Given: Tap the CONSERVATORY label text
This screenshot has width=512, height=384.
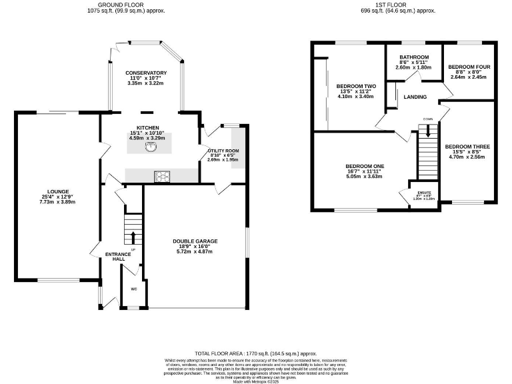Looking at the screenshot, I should pyautogui.click(x=146, y=73).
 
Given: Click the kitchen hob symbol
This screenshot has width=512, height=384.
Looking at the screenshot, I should pyautogui.click(x=161, y=177).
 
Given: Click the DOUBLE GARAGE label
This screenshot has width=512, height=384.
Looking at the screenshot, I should pyautogui.click(x=195, y=241).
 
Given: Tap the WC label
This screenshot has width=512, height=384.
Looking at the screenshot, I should pyautogui.click(x=134, y=289).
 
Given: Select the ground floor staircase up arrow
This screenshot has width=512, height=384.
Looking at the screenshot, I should pyautogui.click(x=133, y=237).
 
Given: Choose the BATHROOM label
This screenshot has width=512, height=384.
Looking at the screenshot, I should pyautogui.click(x=414, y=57).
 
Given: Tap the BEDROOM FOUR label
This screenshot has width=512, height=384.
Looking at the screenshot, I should pyautogui.click(x=469, y=67).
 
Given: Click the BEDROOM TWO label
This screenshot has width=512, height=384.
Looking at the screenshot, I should pyautogui.click(x=356, y=87).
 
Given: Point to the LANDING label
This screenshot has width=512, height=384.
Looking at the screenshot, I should pyautogui.click(x=415, y=97).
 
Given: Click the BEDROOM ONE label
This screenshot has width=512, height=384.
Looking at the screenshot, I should pyautogui.click(x=365, y=166).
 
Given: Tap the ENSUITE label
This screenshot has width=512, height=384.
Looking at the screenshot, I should pyautogui.click(x=424, y=193).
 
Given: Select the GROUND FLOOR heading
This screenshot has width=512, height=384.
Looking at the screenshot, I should pyautogui.click(x=127, y=5).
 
